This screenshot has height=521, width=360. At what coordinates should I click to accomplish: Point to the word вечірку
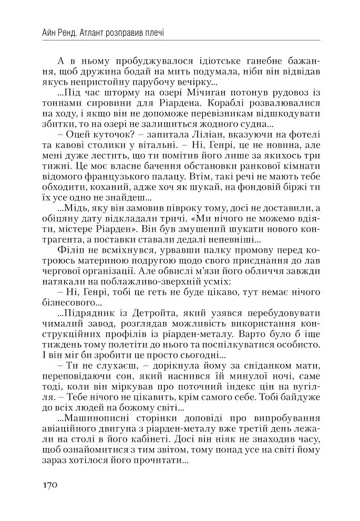tap(192, 82)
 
